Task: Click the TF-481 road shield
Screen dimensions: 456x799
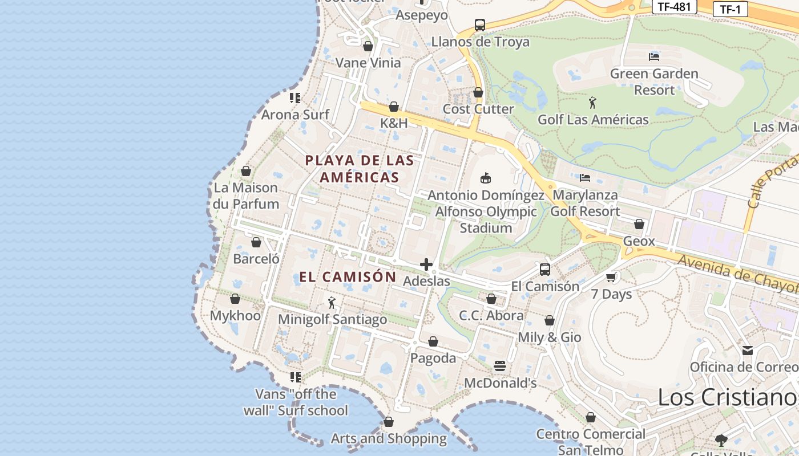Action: coord(674,7)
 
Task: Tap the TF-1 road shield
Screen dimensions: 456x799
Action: coord(730,9)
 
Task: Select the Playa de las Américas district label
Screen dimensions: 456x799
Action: coord(360,169)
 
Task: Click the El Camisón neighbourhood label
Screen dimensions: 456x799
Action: coord(348,277)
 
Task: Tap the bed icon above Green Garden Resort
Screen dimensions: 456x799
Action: coord(654,56)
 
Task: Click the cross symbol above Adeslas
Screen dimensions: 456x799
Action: coord(426,264)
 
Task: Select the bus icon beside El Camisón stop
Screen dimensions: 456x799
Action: coord(545,270)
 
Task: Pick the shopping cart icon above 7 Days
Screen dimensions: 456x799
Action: coord(611,278)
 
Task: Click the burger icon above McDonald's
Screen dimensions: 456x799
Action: coord(500,366)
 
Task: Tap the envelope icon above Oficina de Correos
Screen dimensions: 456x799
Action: coord(748,350)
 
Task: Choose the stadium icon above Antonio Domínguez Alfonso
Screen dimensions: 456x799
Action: coord(486,178)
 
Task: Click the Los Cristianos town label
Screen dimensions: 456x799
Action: coord(728,397)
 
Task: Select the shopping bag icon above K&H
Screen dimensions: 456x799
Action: coord(394,107)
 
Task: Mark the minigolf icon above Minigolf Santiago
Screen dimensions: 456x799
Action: coord(332,303)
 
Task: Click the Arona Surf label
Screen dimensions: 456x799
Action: coord(295,115)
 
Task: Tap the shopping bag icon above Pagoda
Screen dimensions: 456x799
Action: coord(433,341)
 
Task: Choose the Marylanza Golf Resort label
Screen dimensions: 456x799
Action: coord(585,203)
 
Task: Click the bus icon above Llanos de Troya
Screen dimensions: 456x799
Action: coord(480,25)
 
